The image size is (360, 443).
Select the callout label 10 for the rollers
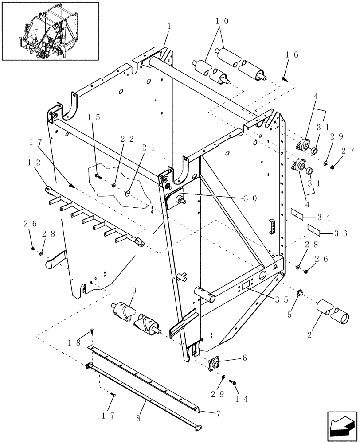[222, 21]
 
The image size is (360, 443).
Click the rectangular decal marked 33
[314, 228]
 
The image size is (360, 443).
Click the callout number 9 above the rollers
[120, 291]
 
